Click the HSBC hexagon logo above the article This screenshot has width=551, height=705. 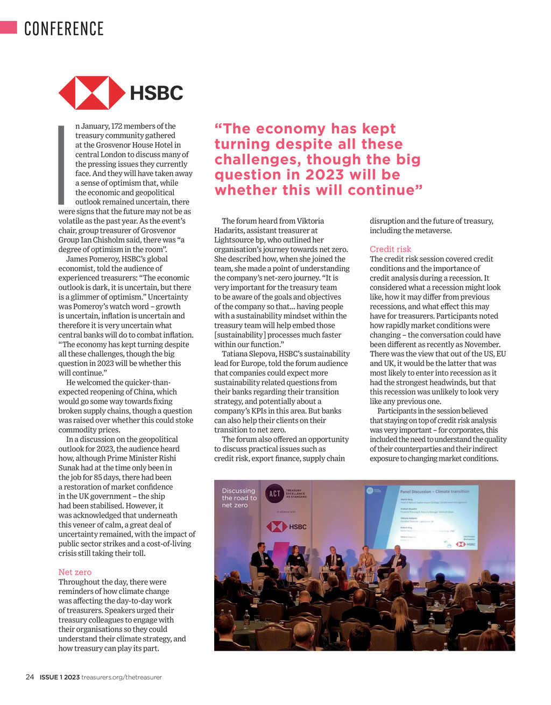92,93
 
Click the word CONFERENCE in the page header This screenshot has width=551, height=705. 63,29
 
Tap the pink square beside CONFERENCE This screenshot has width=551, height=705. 9,27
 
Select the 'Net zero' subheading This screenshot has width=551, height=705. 75,572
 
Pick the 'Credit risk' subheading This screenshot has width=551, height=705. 390,249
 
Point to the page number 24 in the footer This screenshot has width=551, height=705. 30,677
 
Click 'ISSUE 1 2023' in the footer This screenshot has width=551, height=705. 59,677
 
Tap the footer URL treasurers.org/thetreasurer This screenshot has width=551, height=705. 122,677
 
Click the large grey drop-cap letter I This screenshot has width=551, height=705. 61,164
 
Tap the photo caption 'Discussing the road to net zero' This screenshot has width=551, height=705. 239,498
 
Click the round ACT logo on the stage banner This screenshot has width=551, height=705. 274,493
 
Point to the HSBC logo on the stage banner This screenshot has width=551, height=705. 286,526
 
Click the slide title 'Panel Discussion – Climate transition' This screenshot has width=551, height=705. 434,491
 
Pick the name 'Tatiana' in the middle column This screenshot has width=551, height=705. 235,354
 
